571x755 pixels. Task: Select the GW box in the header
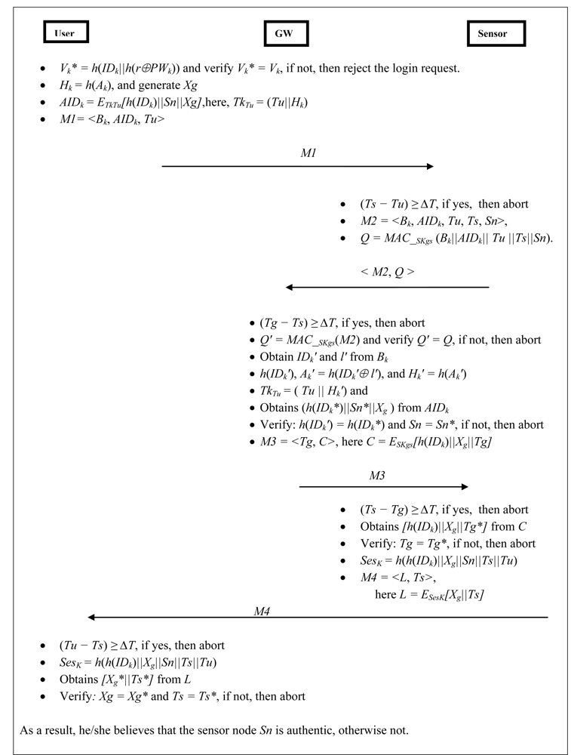tap(287, 34)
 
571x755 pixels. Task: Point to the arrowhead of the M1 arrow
tap(430, 167)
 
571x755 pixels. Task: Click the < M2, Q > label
tap(387, 272)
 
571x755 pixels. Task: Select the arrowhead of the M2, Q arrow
tap(290, 287)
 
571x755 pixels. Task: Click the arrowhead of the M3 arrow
tap(464, 487)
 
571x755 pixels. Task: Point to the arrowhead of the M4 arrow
tap(93, 618)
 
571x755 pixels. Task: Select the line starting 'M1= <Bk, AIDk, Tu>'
tap(105, 120)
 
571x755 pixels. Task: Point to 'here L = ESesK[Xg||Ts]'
tap(429, 594)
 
